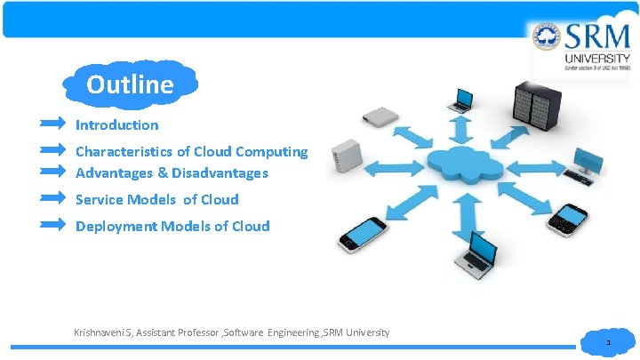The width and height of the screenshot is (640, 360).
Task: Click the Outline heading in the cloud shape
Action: click(130, 84)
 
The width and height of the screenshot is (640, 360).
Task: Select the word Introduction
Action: click(116, 125)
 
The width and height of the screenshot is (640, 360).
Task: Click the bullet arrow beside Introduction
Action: click(52, 121)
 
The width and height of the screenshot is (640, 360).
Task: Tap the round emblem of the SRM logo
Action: click(547, 38)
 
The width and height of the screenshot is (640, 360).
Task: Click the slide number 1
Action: click(609, 342)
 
